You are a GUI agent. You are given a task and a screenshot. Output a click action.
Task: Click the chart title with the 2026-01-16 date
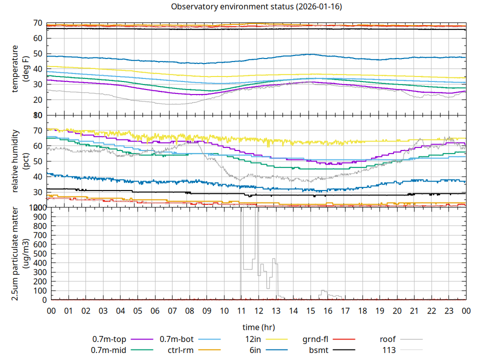click(x=256, y=7)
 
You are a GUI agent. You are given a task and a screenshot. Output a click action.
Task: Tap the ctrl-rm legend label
click(x=180, y=350)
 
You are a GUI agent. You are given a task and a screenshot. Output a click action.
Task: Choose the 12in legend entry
click(x=253, y=339)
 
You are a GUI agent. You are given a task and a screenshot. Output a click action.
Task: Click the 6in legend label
click(x=255, y=350)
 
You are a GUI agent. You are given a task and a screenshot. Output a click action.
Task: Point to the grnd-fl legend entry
click(x=315, y=339)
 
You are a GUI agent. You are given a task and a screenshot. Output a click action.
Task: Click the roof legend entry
click(x=387, y=339)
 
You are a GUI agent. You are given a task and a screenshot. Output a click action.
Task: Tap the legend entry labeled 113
click(x=389, y=350)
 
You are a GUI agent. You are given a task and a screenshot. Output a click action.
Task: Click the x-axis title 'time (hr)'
click(x=258, y=327)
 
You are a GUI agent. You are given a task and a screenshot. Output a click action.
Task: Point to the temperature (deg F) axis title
click(x=19, y=69)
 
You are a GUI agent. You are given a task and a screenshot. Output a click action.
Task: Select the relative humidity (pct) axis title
click(x=19, y=161)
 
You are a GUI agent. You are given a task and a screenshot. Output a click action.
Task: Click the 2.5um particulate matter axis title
click(x=19, y=253)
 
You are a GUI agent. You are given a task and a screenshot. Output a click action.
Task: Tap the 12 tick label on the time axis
click(x=258, y=311)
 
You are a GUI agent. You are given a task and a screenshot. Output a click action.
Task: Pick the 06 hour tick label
click(x=155, y=311)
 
